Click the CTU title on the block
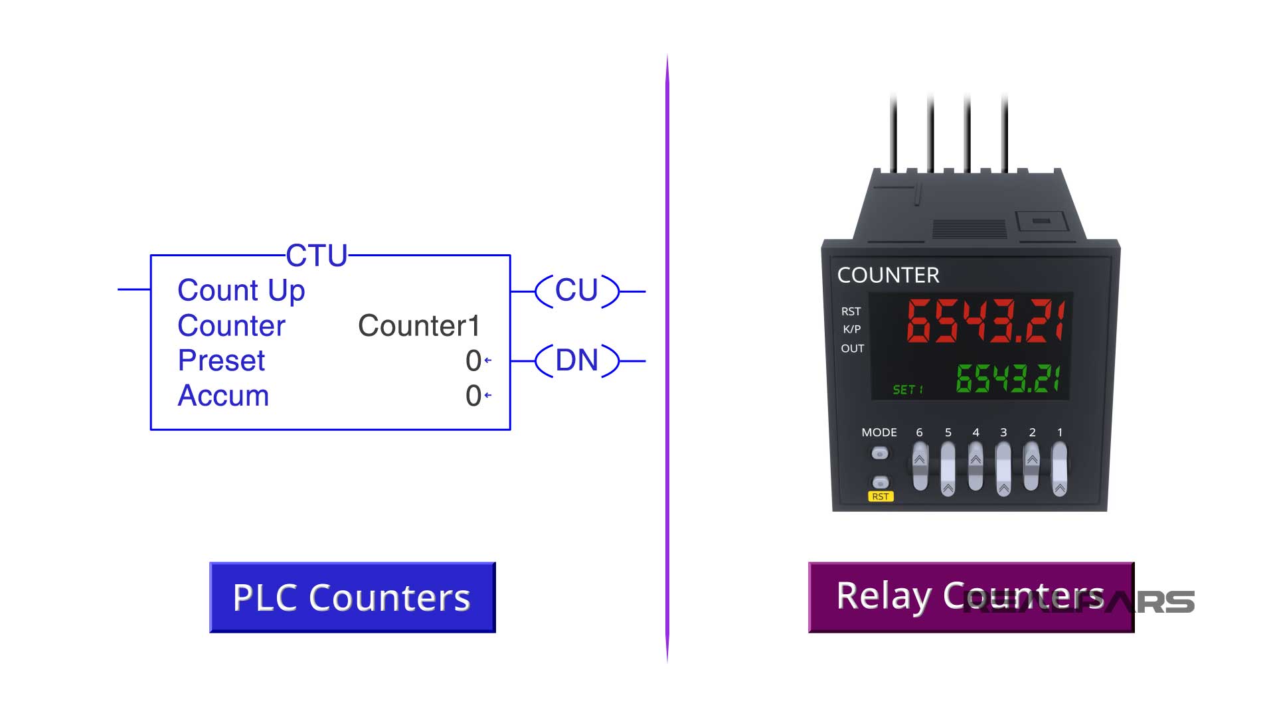[317, 256]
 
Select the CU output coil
[576, 291]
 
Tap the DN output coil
[576, 361]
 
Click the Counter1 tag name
[418, 326]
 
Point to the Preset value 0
[473, 361]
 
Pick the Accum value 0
[473, 396]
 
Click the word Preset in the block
[221, 361]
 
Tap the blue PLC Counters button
[352, 597]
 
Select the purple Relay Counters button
[971, 597]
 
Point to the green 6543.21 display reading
[1007, 378]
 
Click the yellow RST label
[880, 497]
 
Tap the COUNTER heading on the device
[888, 276]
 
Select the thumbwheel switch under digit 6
[920, 467]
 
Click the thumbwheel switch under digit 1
[1060, 469]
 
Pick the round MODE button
[880, 453]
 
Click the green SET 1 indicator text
[908, 390]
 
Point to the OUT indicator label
[852, 349]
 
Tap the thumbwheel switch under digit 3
[1003, 469]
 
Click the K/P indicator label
[851, 329]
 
